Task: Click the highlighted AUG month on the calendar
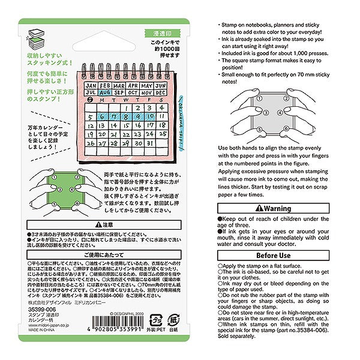(x=103, y=93)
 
